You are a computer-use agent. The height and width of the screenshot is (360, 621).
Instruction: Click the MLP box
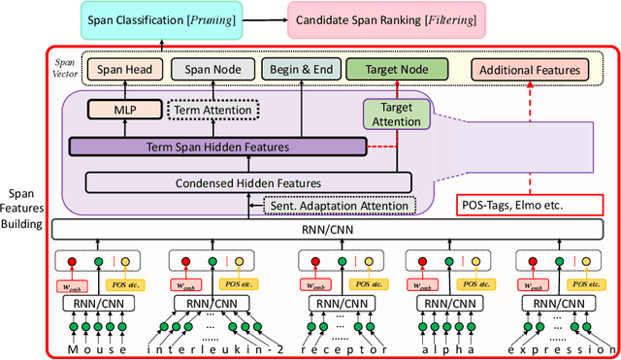click(x=114, y=110)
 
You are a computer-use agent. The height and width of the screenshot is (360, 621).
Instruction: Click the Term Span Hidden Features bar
click(x=216, y=147)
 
